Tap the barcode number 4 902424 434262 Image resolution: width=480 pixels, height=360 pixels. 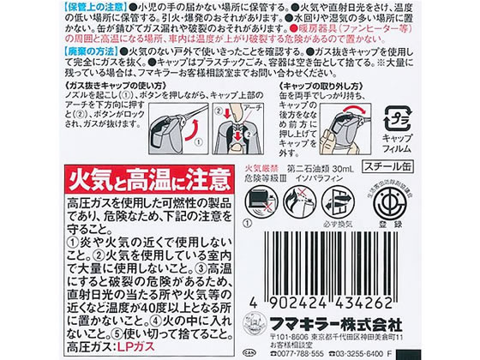coord(360,302)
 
